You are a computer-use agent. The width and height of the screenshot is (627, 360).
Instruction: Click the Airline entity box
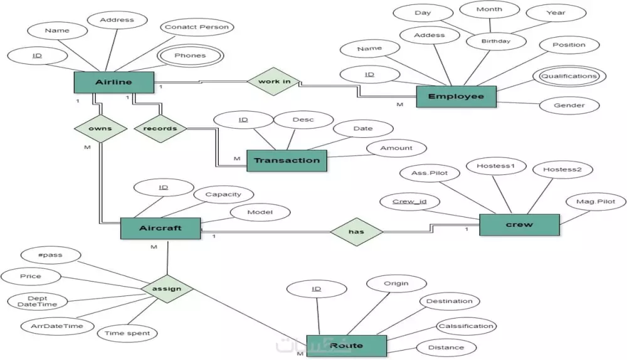[x=113, y=82]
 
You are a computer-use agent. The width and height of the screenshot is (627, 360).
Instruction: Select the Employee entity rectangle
[x=456, y=96]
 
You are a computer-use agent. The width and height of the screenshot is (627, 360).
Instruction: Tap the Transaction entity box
[x=287, y=160]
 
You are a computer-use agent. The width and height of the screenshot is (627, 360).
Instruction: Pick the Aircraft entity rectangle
[x=160, y=228]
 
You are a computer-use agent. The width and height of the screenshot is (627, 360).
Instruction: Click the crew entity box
[x=519, y=225]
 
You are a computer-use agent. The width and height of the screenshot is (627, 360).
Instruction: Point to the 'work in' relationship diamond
[x=273, y=82]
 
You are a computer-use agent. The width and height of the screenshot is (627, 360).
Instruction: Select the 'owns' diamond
[x=100, y=129]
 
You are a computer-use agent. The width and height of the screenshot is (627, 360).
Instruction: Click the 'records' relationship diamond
[x=161, y=129]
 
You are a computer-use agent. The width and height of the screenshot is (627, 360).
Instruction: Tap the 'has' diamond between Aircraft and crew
[x=356, y=231]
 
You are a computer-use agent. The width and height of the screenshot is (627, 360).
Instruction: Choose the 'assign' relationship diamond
[x=166, y=289]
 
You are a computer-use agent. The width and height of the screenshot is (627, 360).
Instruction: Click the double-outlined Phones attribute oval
[x=190, y=55]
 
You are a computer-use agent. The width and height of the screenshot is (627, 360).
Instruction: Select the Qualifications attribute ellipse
[x=569, y=76]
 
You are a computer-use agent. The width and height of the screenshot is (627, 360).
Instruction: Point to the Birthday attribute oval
[x=496, y=41]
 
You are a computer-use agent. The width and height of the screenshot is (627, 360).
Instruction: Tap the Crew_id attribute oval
[x=410, y=201]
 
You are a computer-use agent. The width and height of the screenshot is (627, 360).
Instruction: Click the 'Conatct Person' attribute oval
[x=197, y=27]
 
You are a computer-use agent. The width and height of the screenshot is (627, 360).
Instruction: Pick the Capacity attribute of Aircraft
[x=223, y=194]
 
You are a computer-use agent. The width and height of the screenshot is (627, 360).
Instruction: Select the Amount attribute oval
[x=396, y=148]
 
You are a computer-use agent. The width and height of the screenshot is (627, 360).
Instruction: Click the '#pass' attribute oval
[x=50, y=255]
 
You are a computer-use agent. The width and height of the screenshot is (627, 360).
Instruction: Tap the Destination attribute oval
[x=449, y=301]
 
